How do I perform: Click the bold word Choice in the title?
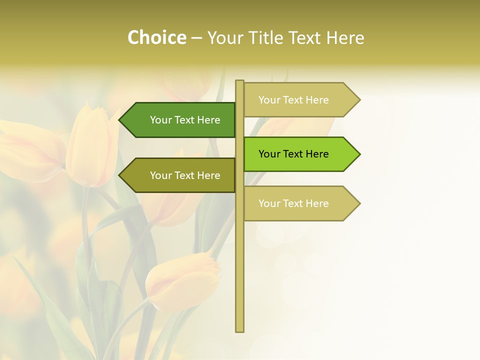(x=156, y=37)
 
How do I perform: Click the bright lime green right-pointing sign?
(x=300, y=154)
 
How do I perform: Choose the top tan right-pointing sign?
(x=300, y=99)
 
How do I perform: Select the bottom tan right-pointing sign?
(x=300, y=203)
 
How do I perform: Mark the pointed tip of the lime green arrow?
(x=359, y=154)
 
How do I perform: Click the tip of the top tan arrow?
(x=359, y=99)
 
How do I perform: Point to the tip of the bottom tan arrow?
(x=359, y=203)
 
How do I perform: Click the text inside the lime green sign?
(x=293, y=154)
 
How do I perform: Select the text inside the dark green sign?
(x=185, y=120)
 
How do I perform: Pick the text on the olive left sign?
(x=185, y=175)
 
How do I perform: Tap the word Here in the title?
(x=345, y=37)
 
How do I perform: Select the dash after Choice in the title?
(x=196, y=38)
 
